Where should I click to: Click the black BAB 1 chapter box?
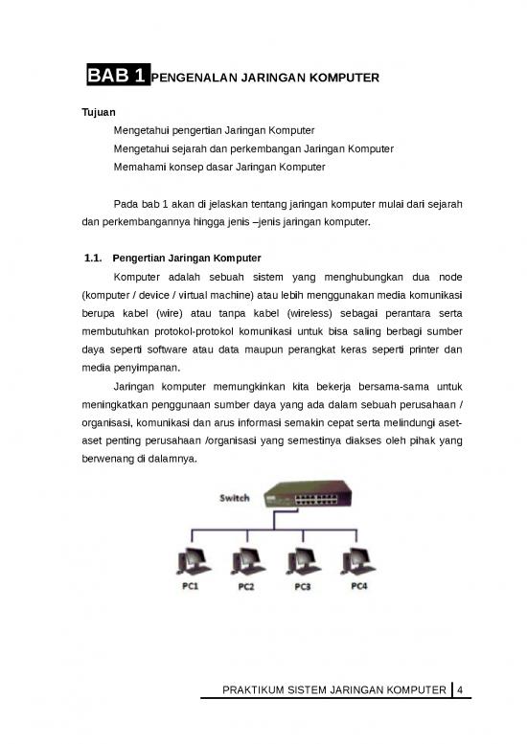point(116,76)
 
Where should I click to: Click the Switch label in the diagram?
point(236,498)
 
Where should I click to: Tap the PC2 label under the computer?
point(246,587)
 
